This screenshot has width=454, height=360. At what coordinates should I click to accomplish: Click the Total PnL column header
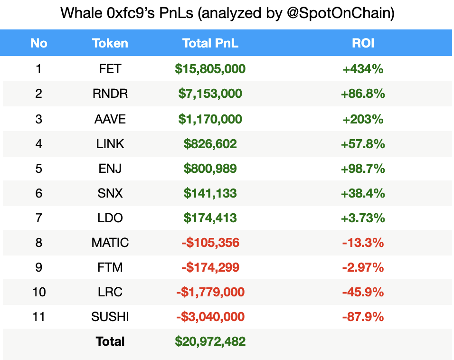click(210, 43)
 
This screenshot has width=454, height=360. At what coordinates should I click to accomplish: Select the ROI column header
click(363, 43)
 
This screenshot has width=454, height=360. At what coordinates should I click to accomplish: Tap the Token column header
click(110, 43)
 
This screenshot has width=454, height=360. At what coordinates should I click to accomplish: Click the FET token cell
click(110, 69)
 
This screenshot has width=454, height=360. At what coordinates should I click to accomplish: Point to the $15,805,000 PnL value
click(210, 69)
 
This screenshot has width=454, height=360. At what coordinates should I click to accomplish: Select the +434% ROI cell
click(363, 69)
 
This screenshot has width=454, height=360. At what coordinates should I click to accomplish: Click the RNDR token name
click(110, 94)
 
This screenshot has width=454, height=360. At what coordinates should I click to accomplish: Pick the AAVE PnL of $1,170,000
click(210, 119)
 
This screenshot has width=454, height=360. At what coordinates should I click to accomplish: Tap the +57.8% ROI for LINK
click(363, 143)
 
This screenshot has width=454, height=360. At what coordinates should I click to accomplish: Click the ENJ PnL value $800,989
click(210, 169)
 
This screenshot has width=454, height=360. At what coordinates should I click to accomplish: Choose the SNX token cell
click(110, 193)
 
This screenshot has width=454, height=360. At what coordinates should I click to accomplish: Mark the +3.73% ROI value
click(363, 218)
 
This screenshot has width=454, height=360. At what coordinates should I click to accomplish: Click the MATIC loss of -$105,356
click(210, 243)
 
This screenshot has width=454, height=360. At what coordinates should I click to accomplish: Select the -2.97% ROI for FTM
click(363, 267)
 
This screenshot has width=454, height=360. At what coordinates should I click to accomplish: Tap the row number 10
click(39, 292)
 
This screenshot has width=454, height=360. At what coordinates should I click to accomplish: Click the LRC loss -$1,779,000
click(210, 292)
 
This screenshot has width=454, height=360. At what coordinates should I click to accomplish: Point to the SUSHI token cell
click(110, 317)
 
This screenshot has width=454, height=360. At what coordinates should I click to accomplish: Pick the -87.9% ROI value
click(363, 317)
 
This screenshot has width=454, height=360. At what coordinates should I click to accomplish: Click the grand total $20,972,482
click(210, 341)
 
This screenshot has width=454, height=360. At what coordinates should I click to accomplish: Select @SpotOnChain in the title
click(340, 13)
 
